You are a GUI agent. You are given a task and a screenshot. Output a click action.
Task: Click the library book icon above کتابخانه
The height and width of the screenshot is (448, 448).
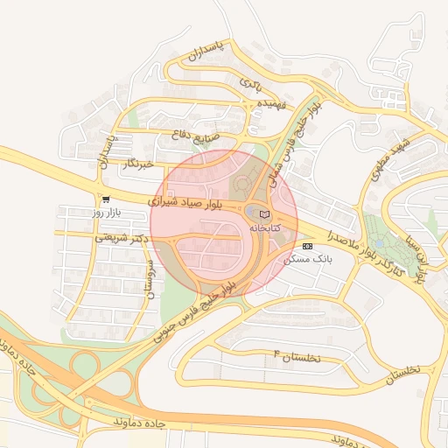pyautogui.click(x=265, y=214)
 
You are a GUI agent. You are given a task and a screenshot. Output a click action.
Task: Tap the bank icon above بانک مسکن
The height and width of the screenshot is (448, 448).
pyautogui.click(x=307, y=247)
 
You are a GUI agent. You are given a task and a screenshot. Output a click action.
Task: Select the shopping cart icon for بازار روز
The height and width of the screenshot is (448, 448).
pyautogui.click(x=106, y=199)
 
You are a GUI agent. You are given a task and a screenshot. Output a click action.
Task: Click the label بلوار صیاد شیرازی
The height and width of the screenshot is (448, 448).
pyautogui.click(x=187, y=201)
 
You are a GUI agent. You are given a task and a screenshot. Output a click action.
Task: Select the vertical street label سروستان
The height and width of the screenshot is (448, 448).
pyautogui.click(x=149, y=280)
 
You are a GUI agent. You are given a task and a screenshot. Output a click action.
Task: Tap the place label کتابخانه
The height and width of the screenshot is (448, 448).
pyautogui.click(x=267, y=227)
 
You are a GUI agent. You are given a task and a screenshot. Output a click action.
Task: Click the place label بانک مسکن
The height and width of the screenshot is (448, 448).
pyautogui.click(x=309, y=260)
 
